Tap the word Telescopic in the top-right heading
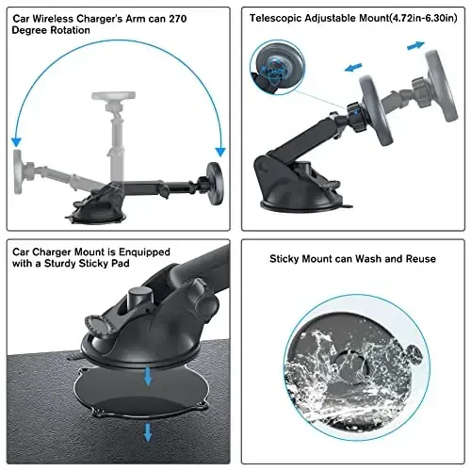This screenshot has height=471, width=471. pos(280,18)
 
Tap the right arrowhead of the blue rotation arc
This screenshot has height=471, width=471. pos(219,151)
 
